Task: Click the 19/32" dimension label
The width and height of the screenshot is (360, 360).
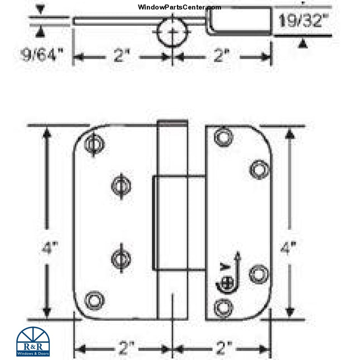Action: [303, 23]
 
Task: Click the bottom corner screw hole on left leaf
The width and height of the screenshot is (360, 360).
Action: [94, 300]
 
